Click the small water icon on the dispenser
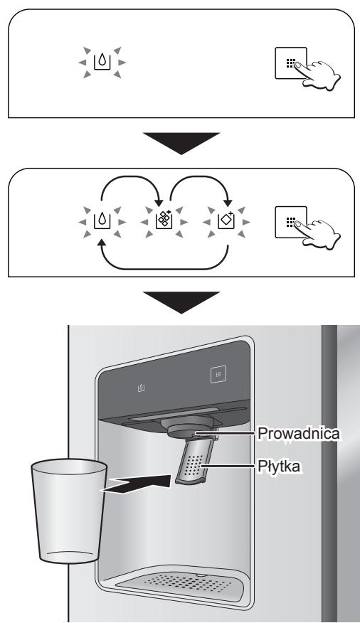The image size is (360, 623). pyautogui.click(x=141, y=389)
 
